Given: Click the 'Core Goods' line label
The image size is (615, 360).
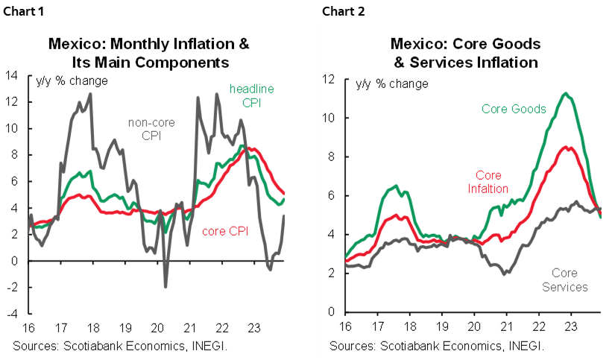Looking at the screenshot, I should click(x=514, y=109).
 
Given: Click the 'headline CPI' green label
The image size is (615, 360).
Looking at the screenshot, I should click(x=251, y=95).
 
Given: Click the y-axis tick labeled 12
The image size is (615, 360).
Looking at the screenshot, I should click(x=327, y=79).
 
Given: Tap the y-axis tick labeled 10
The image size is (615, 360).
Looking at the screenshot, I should click(x=327, y=118).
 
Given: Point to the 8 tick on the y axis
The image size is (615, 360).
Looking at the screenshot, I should click(x=330, y=157).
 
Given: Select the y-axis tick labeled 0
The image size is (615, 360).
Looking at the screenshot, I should click(x=330, y=312).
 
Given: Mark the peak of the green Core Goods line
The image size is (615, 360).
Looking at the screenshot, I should click(x=567, y=93).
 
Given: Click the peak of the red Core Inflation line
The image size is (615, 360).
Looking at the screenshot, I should click(x=567, y=147).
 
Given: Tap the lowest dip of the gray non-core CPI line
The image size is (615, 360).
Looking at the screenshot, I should click(x=165, y=286).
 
